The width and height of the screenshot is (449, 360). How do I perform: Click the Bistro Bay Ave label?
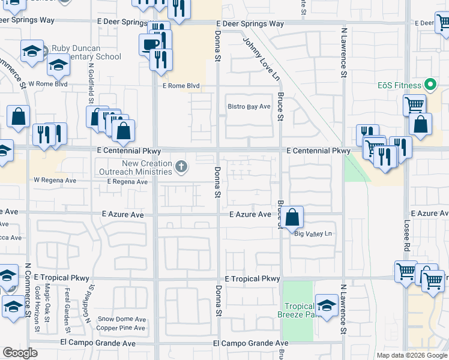coord(249,107)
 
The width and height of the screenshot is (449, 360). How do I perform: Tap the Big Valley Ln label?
coord(313,234)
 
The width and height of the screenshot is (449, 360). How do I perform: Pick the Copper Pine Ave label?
coord(121,328)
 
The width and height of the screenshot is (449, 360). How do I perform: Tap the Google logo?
coord(20,353)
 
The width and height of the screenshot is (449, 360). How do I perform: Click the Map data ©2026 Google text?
coord(412,355)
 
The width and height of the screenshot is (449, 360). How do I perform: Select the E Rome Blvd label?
coord(181,86)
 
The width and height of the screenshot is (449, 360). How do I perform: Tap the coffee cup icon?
coord(149,44)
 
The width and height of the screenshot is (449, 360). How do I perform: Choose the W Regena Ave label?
coord(55,180)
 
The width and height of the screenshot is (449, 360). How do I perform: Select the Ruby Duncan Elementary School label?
coord(86,53)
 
